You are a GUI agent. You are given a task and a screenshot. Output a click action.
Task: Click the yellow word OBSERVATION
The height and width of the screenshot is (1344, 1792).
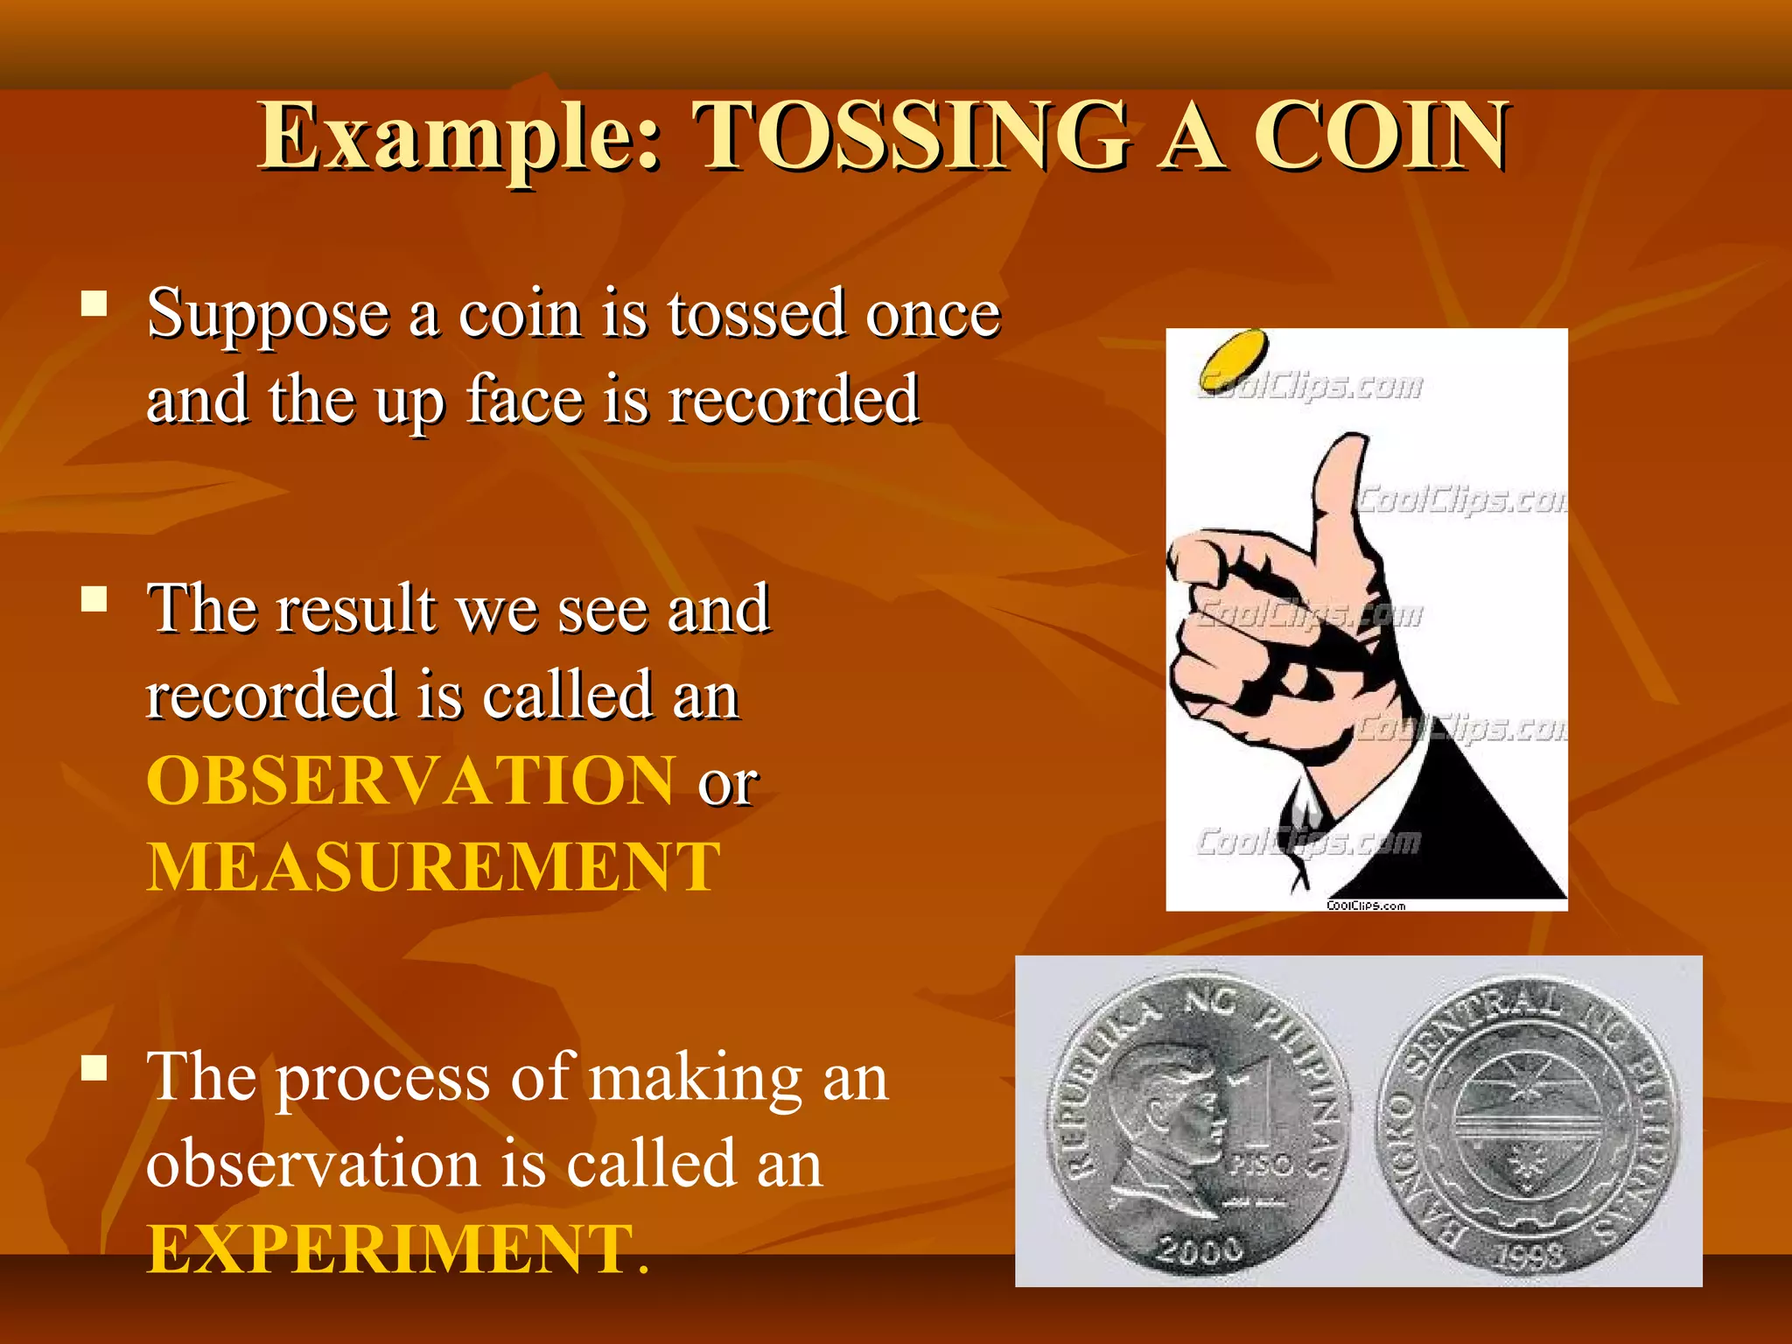coord(410,780)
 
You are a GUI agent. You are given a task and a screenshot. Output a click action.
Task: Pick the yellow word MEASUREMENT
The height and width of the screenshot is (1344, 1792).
coord(433,867)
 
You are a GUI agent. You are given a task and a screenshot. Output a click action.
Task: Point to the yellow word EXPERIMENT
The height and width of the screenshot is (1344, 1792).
coord(390,1249)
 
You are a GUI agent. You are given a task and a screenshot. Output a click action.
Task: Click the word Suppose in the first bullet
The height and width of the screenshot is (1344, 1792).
coord(268,315)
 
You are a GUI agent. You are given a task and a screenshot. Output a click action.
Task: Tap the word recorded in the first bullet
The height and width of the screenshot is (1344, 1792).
coord(793,400)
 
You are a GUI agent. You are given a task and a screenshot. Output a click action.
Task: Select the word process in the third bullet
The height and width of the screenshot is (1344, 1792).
coord(382,1079)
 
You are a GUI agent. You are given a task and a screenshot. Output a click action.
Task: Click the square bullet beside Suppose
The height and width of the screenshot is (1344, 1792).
coord(94,304)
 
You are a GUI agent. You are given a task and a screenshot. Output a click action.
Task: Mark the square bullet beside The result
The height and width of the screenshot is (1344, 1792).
coord(94,599)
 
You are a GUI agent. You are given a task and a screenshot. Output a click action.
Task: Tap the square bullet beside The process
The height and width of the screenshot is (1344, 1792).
coord(94,1068)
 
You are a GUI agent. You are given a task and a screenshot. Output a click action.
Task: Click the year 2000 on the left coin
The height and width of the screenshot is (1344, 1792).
coord(1200,1249)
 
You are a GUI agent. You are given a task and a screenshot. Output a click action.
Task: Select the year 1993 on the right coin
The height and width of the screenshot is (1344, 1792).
coord(1528,1256)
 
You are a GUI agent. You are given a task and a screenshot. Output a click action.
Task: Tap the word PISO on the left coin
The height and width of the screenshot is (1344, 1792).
coord(1261,1165)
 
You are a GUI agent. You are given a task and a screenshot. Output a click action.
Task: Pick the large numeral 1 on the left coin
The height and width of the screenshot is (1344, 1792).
coord(1260,1102)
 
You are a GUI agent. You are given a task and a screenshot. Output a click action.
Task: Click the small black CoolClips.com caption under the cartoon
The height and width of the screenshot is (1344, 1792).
coord(1365,906)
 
